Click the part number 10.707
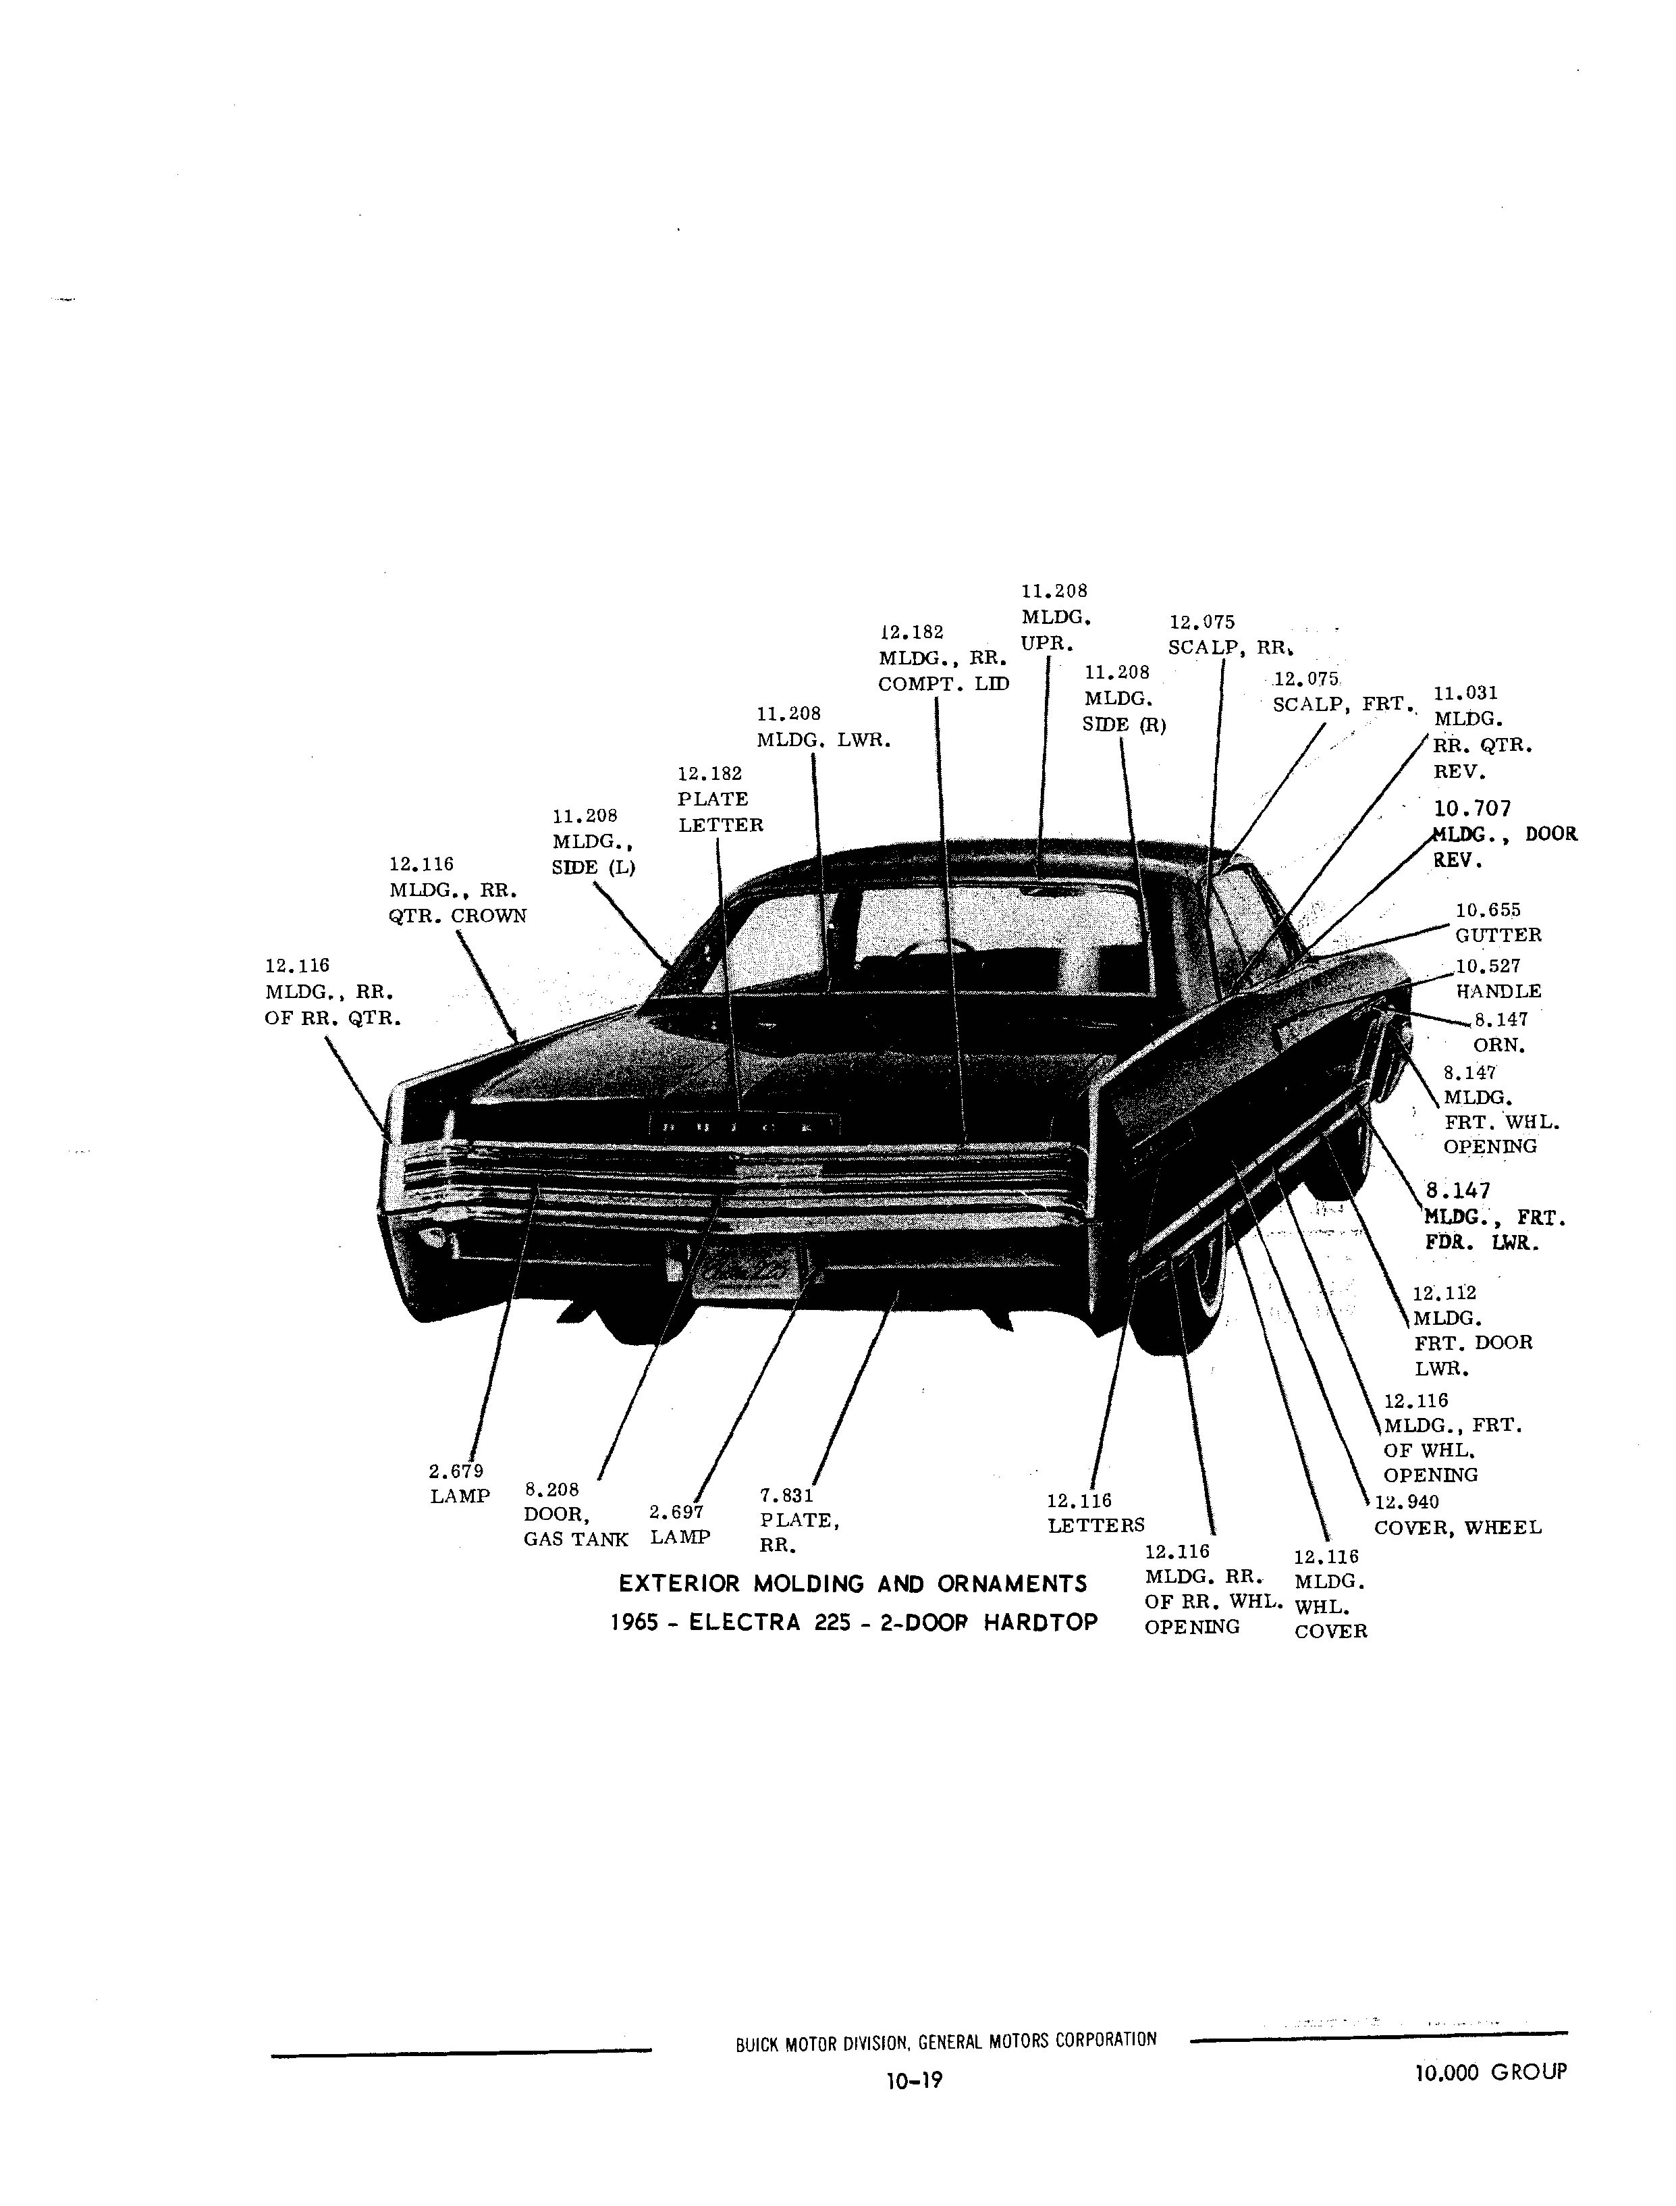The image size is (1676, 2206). tap(1471, 809)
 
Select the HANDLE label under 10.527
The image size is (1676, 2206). tap(1498, 992)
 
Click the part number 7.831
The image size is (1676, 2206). tap(787, 1496)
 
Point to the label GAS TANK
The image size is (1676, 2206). tap(576, 1540)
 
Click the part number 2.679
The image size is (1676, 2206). tap(456, 1471)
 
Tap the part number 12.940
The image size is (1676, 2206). tap(1407, 1502)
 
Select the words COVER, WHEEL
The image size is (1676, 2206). tap(1457, 1527)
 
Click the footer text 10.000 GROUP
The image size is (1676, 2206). tap(1490, 2072)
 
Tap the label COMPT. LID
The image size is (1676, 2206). tap(944, 685)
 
